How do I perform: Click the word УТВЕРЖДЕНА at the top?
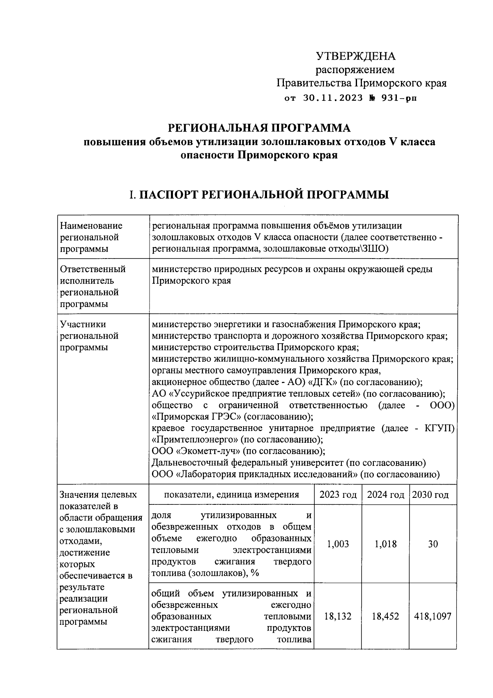[355, 56]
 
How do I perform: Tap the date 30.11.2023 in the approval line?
[333, 98]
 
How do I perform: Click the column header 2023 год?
[338, 495]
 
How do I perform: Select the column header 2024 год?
[385, 495]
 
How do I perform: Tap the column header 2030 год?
[430, 495]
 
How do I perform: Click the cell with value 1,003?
[338, 544]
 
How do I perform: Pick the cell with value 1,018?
[385, 544]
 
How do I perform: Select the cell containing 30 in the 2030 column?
[433, 544]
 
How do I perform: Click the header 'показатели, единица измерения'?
[231, 495]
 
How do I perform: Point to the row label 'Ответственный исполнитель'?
[93, 275]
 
